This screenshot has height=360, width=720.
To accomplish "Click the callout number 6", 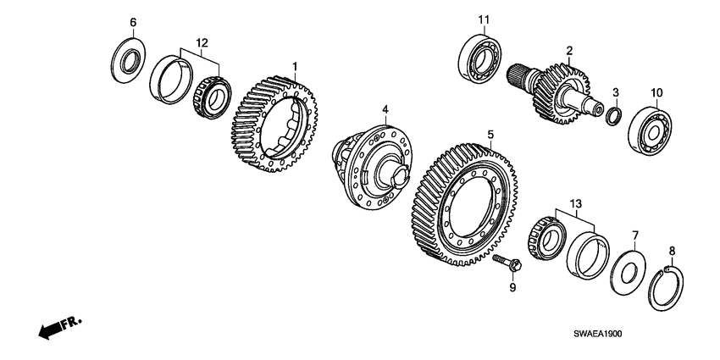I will (131, 21).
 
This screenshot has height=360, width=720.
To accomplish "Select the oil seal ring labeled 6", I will (129, 56).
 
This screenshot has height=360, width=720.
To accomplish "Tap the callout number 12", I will (201, 42).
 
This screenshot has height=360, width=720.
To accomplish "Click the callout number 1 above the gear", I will (295, 66).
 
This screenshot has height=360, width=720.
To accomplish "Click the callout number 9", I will (511, 287).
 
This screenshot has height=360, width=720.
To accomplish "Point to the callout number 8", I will (673, 250).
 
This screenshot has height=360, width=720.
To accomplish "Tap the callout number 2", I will (570, 50).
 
